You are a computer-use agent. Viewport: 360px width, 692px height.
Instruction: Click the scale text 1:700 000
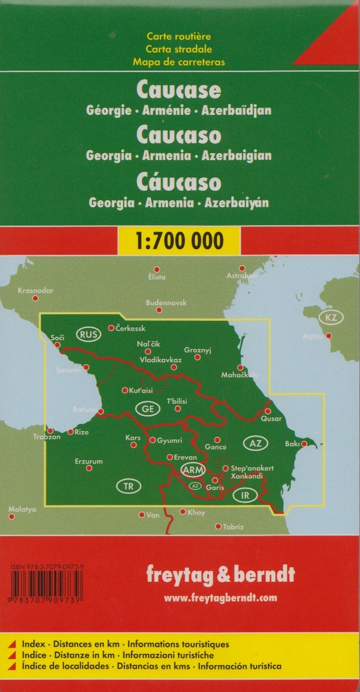click(x=179, y=241)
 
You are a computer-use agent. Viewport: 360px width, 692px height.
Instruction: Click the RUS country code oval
click(x=89, y=334)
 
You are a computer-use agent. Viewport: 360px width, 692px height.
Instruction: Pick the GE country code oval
click(x=147, y=409)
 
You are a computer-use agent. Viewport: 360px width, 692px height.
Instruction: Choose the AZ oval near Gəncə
click(x=254, y=442)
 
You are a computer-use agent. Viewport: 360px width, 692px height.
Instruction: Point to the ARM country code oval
click(x=192, y=470)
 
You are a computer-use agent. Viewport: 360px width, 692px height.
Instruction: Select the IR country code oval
click(x=244, y=495)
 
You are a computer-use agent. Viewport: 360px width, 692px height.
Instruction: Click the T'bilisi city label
click(x=177, y=401)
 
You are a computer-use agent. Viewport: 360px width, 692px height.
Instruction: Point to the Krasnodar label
click(x=35, y=290)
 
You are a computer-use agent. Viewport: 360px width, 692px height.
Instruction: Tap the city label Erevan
click(x=186, y=457)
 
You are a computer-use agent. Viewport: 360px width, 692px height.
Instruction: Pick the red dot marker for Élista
click(x=157, y=269)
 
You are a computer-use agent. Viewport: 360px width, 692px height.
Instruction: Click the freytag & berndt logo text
click(x=220, y=575)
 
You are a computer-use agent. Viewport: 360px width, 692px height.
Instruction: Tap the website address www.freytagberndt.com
click(x=220, y=597)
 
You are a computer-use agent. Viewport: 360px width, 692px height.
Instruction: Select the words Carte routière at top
click(x=179, y=36)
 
